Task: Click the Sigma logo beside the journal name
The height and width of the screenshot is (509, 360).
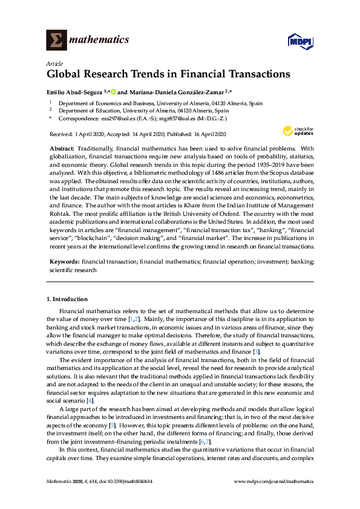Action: point(56,41)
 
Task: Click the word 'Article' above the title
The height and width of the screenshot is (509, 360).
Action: point(53,63)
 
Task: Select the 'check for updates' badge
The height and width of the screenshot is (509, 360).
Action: point(295,131)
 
